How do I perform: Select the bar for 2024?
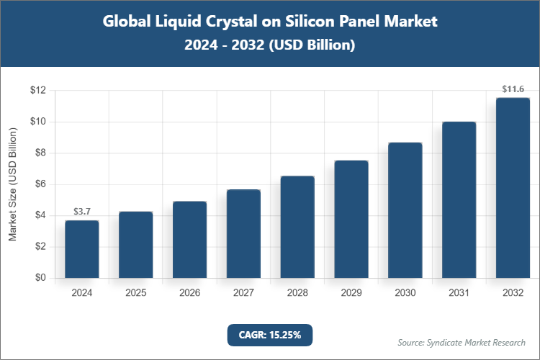tap(82, 249)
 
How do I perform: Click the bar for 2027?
tap(243, 234)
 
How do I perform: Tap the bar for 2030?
tap(405, 210)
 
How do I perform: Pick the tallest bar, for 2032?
tap(513, 188)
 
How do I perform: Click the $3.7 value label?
tap(82, 212)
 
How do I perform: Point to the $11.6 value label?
tap(513, 89)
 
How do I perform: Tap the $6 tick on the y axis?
tap(38, 184)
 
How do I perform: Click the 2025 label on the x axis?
tap(136, 293)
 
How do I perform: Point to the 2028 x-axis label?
tap(297, 293)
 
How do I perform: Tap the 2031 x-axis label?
tap(459, 293)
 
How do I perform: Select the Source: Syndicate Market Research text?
tap(462, 342)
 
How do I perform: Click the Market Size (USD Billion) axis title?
tap(13, 184)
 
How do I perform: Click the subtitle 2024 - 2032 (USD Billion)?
tap(270, 45)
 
